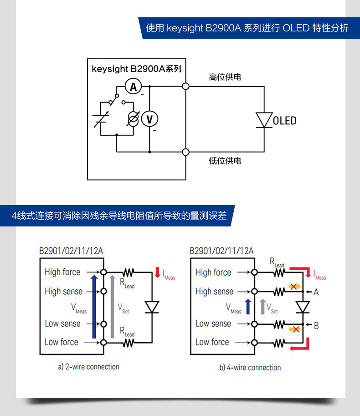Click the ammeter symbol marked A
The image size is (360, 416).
[133, 87]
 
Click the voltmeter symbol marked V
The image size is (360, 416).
[149, 119]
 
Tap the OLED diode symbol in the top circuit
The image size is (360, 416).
[264, 120]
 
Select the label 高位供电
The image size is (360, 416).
[225, 77]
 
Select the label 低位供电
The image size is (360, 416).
[225, 161]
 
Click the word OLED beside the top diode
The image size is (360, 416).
[285, 121]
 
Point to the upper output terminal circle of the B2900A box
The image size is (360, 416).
[186, 86]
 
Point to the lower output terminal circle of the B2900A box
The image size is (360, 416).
[186, 152]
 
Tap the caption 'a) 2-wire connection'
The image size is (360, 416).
[88, 367]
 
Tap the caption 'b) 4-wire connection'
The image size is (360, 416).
[250, 367]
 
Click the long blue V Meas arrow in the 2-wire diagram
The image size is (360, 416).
[94, 307]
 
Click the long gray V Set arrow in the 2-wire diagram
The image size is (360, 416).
[113, 307]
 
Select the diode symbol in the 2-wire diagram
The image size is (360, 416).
[152, 307]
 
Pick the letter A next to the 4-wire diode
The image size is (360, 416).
[316, 292]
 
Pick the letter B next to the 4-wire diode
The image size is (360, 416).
[316, 326]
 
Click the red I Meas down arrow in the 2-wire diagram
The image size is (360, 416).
[157, 272]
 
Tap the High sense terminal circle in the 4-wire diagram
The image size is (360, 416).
[254, 292]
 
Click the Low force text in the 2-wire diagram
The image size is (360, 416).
[61, 342]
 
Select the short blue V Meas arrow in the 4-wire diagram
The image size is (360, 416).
[248, 307]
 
